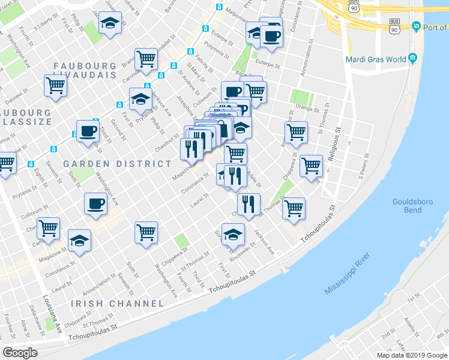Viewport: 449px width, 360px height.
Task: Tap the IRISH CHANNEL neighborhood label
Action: (x=117, y=304)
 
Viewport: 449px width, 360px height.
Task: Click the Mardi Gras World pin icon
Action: (x=412, y=59)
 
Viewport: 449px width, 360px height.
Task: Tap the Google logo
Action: (x=20, y=353)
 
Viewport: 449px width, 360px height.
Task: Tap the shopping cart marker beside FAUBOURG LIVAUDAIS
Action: (x=55, y=85)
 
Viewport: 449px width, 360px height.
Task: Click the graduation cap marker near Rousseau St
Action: (x=233, y=234)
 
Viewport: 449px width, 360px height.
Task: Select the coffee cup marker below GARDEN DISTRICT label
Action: (x=95, y=204)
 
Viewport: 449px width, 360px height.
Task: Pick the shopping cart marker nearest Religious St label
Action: (x=311, y=166)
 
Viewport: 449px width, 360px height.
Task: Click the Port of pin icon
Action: (x=415, y=26)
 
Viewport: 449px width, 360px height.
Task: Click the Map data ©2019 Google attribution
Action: (x=412, y=355)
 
